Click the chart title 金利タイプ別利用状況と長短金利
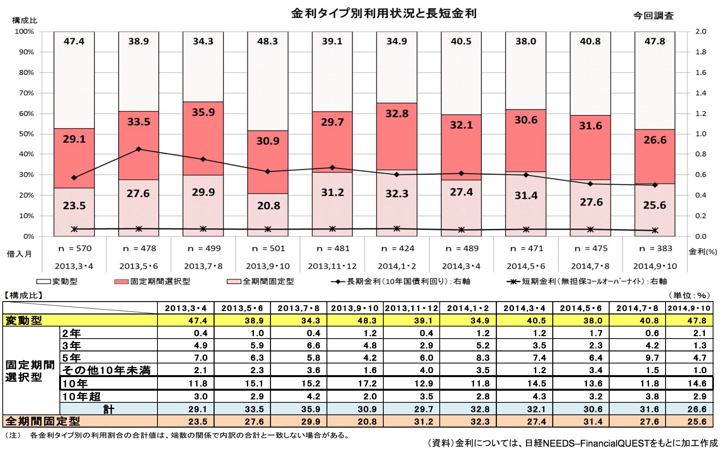click(383, 14)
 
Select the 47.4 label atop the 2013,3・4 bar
click(74, 41)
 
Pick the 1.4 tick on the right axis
click(701, 93)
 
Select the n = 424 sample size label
click(397, 248)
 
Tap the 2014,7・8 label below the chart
click(590, 266)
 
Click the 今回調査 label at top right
click(653, 16)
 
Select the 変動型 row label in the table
click(23, 320)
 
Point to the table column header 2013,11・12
click(411, 308)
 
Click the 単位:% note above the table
click(689, 295)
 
